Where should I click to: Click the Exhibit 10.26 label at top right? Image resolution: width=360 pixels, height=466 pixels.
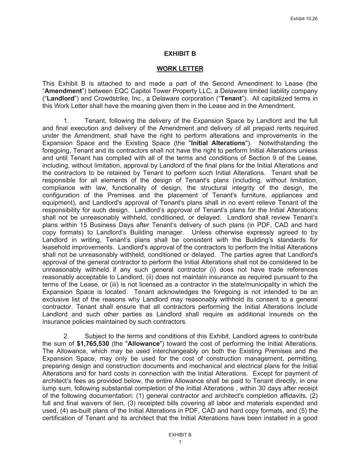tap(304, 18)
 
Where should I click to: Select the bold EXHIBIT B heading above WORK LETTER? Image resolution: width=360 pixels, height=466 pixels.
tap(180, 54)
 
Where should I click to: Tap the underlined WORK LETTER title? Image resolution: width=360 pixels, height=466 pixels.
tap(180, 69)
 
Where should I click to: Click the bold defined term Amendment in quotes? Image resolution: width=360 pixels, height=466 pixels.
tap(63, 91)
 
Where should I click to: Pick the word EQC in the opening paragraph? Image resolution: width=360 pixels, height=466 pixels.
tap(121, 91)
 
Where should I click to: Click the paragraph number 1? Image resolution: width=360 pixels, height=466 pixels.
tap(67, 121)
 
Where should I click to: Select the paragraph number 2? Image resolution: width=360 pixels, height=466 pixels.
tap(67, 336)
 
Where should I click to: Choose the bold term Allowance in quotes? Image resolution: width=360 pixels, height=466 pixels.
tap(144, 344)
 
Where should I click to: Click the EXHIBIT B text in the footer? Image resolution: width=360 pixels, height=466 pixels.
tap(180, 435)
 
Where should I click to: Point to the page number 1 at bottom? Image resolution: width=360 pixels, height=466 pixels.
tap(180, 442)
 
